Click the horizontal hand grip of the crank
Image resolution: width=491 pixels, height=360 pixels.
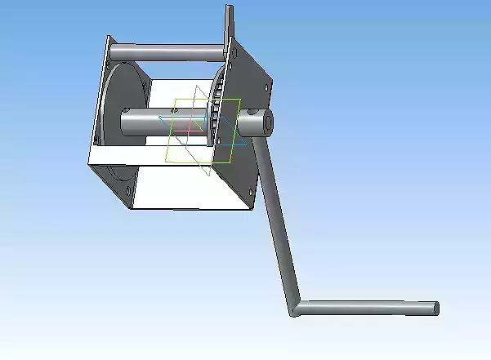click(x=368, y=308)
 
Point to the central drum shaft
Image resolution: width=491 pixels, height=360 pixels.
click(x=147, y=122)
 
